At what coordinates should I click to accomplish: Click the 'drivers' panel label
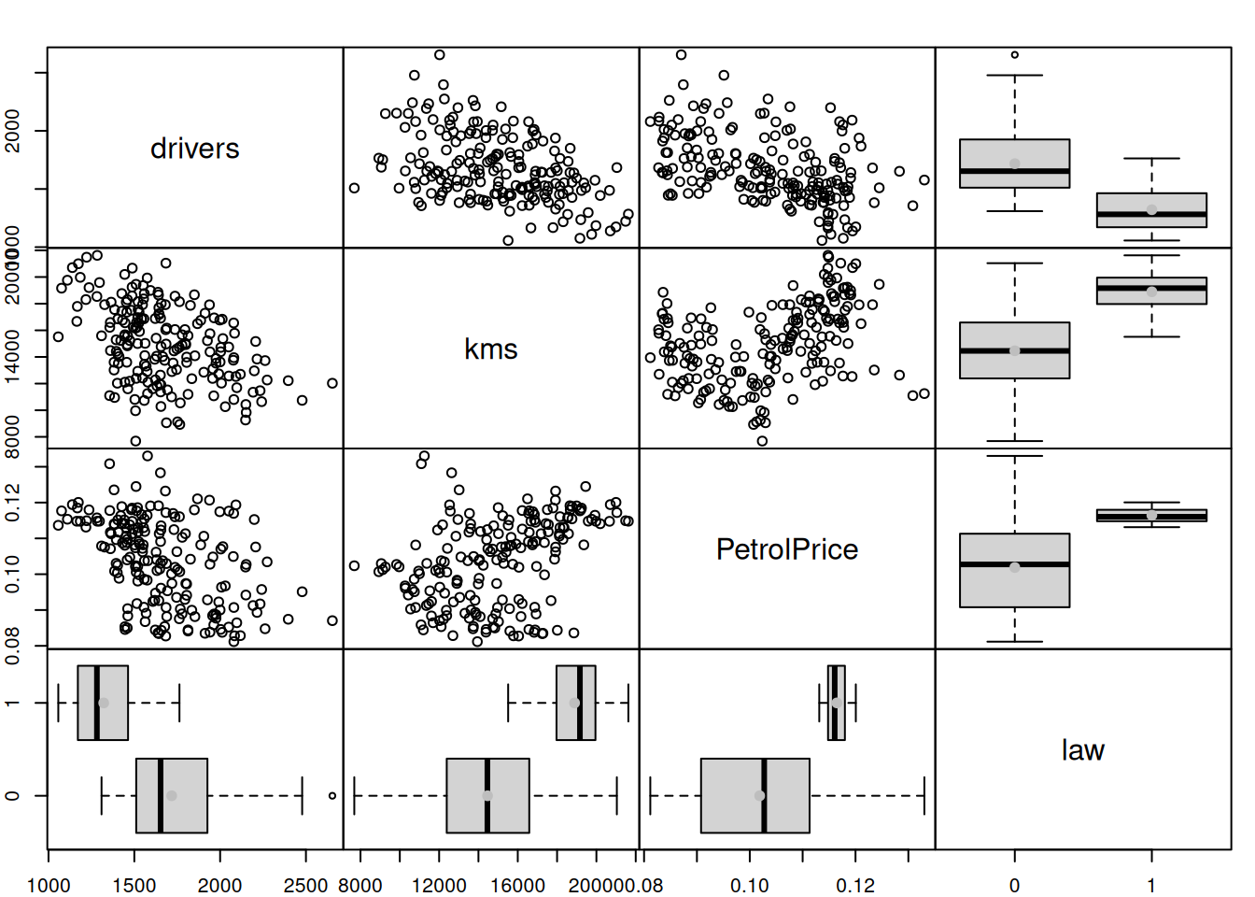pyautogui.click(x=194, y=149)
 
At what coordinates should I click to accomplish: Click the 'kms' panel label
pyautogui.click(x=490, y=349)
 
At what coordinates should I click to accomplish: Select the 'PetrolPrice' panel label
pyautogui.click(x=786, y=549)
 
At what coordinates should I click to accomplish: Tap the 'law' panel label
pyautogui.click(x=1082, y=750)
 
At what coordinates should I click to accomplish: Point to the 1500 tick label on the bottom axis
pyautogui.click(x=134, y=885)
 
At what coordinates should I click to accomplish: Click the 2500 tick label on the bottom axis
pyautogui.click(x=305, y=885)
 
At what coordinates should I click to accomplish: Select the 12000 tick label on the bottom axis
pyautogui.click(x=439, y=885)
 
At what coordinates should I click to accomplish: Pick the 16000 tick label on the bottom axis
pyautogui.click(x=517, y=885)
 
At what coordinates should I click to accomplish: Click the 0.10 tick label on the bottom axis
pyautogui.click(x=749, y=885)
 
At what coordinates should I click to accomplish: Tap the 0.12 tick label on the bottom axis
pyautogui.click(x=855, y=885)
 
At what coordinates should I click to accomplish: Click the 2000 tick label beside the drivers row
pyautogui.click(x=13, y=130)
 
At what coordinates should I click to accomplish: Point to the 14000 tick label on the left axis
pyautogui.click(x=13, y=356)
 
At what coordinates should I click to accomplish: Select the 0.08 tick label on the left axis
pyautogui.click(x=13, y=645)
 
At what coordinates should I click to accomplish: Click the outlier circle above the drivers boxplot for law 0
pyautogui.click(x=1015, y=55)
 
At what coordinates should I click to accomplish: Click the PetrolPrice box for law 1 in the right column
pyautogui.click(x=1151, y=515)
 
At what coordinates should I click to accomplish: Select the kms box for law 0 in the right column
pyautogui.click(x=1015, y=350)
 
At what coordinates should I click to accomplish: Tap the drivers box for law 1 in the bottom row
pyautogui.click(x=103, y=703)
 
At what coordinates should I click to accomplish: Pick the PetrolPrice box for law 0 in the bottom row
pyautogui.click(x=754, y=795)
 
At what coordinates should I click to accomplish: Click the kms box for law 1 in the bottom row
pyautogui.click(x=575, y=703)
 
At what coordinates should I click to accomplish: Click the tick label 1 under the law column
pyautogui.click(x=1151, y=885)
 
